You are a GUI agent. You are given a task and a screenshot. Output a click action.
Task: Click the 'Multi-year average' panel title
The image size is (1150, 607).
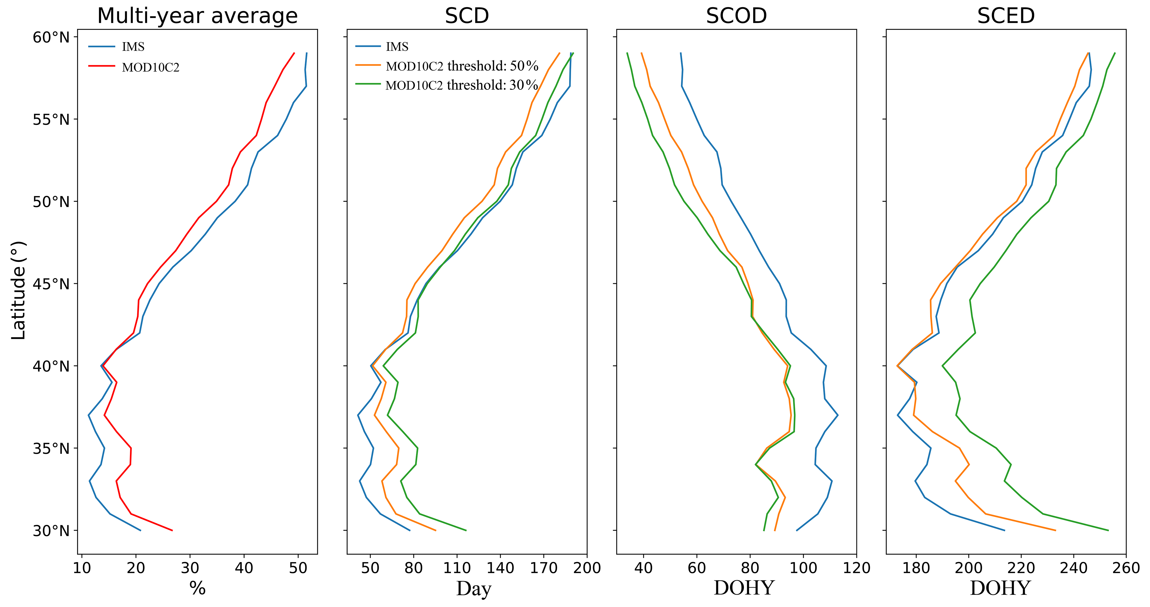tap(197, 16)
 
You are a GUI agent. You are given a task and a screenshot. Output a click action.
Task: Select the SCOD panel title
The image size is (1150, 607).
tap(736, 16)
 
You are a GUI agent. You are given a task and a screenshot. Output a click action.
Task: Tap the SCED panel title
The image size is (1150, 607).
tap(1006, 16)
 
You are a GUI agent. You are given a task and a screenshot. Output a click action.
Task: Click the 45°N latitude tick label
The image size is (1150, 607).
tap(51, 284)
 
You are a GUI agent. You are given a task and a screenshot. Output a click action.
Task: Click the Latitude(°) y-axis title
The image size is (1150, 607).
tap(19, 290)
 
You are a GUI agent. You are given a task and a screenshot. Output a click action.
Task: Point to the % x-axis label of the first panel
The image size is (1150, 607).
tap(197, 588)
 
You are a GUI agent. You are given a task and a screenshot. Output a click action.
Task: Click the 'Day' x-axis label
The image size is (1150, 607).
tap(473, 588)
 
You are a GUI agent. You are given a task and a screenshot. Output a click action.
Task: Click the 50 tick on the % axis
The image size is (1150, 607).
tap(298, 568)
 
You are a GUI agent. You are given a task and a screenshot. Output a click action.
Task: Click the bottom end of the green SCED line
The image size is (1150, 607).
tap(1108, 530)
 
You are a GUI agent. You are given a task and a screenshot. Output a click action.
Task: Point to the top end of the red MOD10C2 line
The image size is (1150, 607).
tap(294, 53)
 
